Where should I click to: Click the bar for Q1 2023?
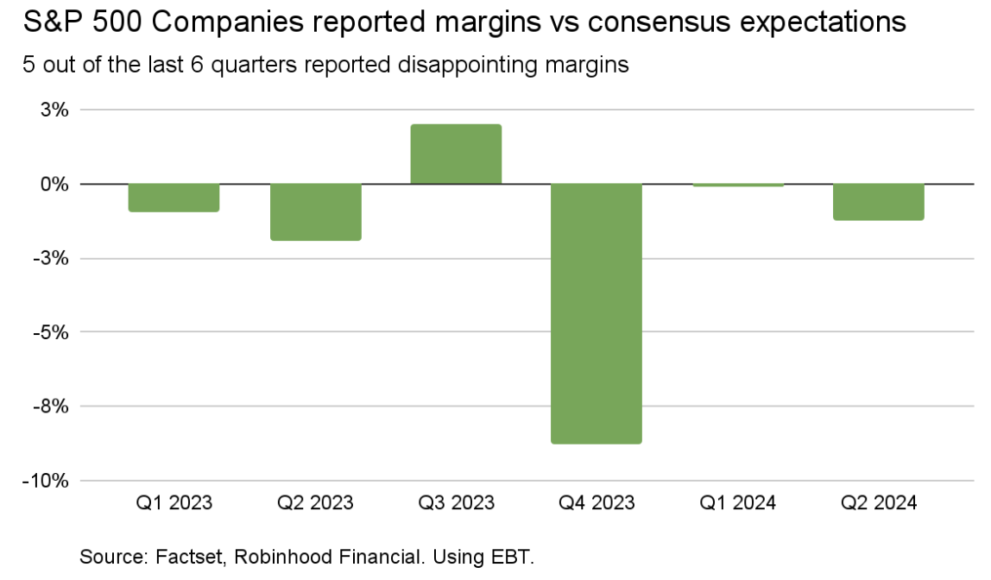(x=174, y=198)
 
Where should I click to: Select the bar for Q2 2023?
(x=315, y=212)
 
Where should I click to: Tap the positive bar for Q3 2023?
(x=456, y=154)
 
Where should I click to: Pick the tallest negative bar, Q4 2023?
(x=596, y=313)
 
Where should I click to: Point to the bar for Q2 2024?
(x=878, y=202)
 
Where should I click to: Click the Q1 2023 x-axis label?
(x=174, y=502)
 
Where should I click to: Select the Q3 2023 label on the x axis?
(x=456, y=502)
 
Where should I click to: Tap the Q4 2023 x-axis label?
(x=596, y=502)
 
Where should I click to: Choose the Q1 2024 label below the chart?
(x=737, y=502)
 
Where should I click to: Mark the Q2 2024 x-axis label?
(x=878, y=502)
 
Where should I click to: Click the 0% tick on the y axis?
(x=54, y=185)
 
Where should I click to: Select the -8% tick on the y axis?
(x=51, y=407)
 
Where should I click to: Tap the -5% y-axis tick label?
(x=51, y=332)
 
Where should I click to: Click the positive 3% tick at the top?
(x=54, y=110)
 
